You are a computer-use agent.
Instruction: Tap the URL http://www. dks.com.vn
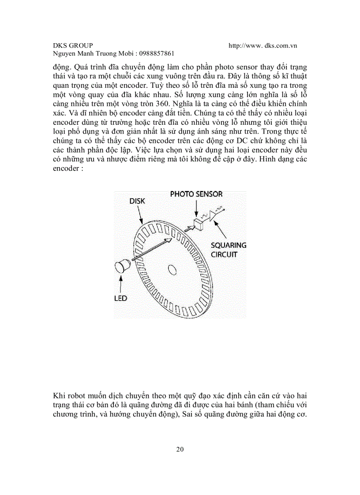tap(263, 45)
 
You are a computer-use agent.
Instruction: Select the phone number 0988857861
tap(156, 53)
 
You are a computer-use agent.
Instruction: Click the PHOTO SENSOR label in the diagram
tap(196, 194)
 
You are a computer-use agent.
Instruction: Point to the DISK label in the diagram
tap(137, 201)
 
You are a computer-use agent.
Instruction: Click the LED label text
tap(120, 298)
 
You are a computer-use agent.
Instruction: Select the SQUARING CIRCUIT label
tap(229, 250)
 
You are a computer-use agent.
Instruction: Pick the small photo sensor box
tap(199, 224)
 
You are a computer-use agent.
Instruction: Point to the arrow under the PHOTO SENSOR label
tap(196, 208)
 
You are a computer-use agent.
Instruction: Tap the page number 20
tap(180, 450)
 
